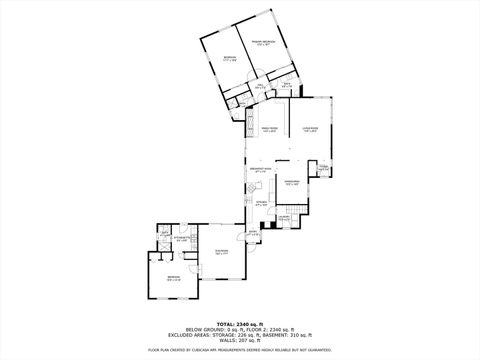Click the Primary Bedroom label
pyautogui.click(x=263, y=44)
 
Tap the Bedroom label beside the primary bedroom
pyautogui.click(x=229, y=58)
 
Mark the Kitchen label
pyautogui.click(x=262, y=204)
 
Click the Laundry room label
pyautogui.click(x=284, y=218)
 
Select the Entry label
pyautogui.click(x=254, y=234)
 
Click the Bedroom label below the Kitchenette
pyautogui.click(x=173, y=279)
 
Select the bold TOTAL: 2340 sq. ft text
pyautogui.click(x=239, y=323)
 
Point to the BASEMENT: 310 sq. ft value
pyautogui.click(x=289, y=333)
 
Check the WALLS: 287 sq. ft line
pyautogui.click(x=239, y=339)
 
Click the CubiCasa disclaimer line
pyautogui.click(x=239, y=350)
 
